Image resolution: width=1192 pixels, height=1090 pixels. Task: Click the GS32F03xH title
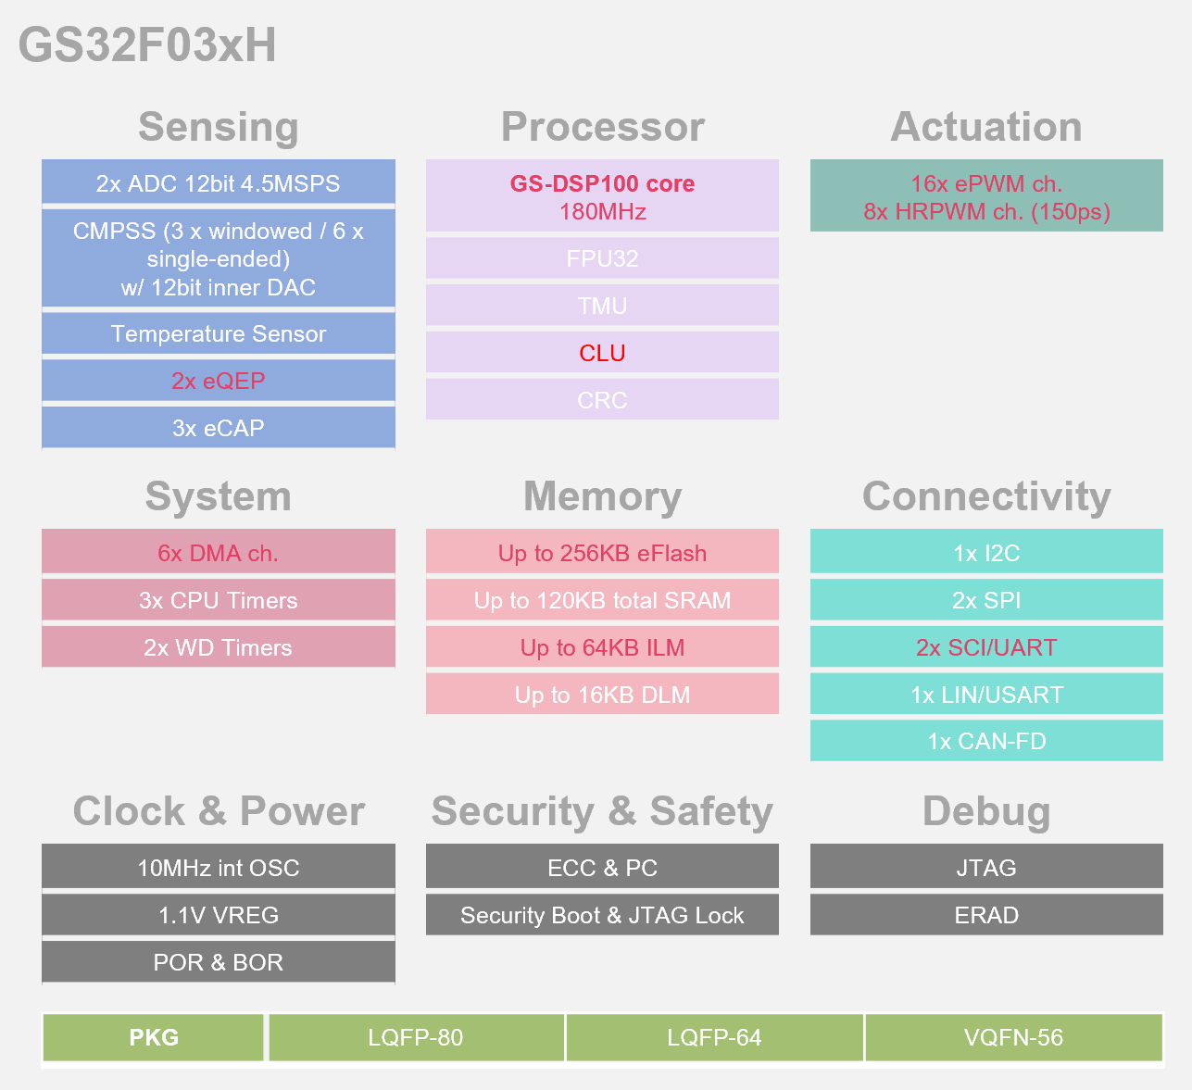click(x=147, y=45)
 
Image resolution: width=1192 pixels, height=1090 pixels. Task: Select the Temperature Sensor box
click(x=219, y=333)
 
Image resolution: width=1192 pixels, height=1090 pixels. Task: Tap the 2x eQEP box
click(x=219, y=381)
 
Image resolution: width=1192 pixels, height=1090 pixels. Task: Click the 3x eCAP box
click(x=219, y=428)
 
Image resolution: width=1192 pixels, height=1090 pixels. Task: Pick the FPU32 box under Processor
click(x=602, y=258)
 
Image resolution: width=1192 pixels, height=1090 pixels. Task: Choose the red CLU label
click(x=602, y=353)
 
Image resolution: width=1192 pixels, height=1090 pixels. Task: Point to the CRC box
click(x=602, y=400)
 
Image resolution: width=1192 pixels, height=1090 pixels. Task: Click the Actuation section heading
click(x=986, y=127)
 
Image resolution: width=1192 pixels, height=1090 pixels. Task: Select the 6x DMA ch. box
click(x=219, y=553)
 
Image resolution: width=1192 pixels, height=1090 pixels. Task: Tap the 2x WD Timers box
click(x=219, y=647)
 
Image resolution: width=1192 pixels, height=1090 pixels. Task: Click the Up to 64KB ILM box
click(x=602, y=647)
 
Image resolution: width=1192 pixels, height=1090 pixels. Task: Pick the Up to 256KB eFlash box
click(x=602, y=553)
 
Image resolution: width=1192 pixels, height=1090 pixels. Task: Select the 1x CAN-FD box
click(x=986, y=741)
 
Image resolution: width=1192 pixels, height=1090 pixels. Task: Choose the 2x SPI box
click(x=986, y=600)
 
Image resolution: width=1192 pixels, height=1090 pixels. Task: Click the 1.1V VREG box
click(x=219, y=915)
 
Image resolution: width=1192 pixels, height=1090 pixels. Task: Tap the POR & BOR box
click(x=219, y=962)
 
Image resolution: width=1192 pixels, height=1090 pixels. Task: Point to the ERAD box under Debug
click(x=986, y=915)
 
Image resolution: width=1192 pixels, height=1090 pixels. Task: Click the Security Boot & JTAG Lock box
click(x=602, y=915)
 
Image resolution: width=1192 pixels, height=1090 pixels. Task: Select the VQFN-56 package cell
click(x=1013, y=1037)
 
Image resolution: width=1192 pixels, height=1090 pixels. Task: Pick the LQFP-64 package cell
click(x=714, y=1037)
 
